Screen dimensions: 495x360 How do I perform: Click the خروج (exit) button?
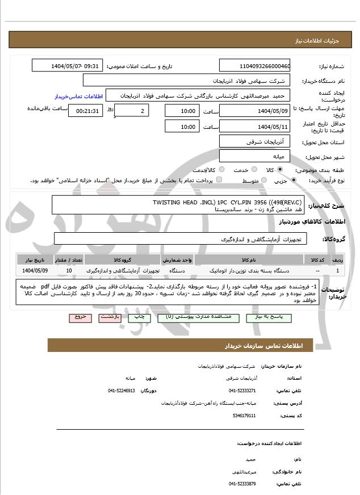(80, 317)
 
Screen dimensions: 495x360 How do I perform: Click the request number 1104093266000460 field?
(254, 66)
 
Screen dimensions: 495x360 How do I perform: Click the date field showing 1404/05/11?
(254, 127)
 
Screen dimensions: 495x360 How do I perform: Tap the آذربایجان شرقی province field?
(254, 141)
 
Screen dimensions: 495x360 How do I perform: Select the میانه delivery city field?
(254, 156)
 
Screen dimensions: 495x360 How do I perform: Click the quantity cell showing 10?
(69, 271)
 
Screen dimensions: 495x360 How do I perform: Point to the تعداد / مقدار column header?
(69, 259)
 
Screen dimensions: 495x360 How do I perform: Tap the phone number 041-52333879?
(242, 483)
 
